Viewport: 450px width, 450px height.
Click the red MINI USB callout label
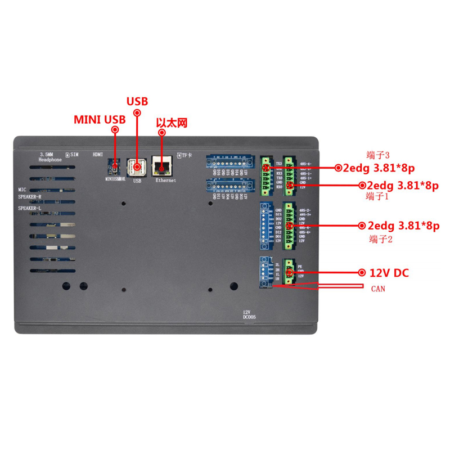pyautogui.click(x=100, y=120)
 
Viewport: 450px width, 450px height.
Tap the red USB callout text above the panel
pyautogui.click(x=137, y=102)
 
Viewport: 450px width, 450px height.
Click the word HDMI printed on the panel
pyautogui.click(x=98, y=154)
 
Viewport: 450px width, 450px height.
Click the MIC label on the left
pyautogui.click(x=22, y=190)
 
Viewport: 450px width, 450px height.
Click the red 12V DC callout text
pyautogui.click(x=389, y=273)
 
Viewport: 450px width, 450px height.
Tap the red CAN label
pyautogui.click(x=377, y=290)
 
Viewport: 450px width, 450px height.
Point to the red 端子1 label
pyautogui.click(x=377, y=196)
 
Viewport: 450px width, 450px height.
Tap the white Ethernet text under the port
pyautogui.click(x=166, y=181)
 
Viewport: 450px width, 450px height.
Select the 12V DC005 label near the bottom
pyautogui.click(x=249, y=316)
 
